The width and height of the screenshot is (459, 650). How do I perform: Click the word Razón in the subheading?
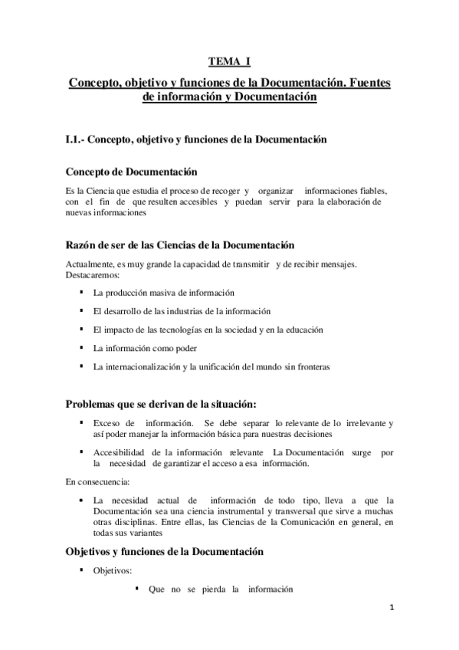pyautogui.click(x=84, y=245)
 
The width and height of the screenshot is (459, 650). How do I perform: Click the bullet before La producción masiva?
pyautogui.click(x=82, y=293)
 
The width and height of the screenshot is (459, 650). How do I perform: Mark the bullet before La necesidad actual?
pyautogui.click(x=82, y=500)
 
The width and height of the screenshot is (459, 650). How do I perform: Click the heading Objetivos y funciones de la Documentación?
pyautogui.click(x=166, y=552)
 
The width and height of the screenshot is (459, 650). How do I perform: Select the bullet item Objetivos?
pyautogui.click(x=113, y=571)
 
